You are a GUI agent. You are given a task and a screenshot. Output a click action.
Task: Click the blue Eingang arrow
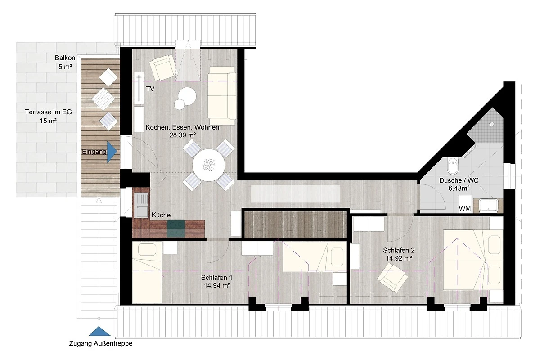pyautogui.click(x=111, y=152)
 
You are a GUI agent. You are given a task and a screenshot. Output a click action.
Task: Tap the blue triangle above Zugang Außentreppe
pyautogui.click(x=99, y=331)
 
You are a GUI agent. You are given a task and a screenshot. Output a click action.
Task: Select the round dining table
pyautogui.click(x=209, y=166)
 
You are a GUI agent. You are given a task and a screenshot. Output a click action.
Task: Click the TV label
pyautogui.click(x=150, y=89)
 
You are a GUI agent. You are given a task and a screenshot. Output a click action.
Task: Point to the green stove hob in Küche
pyautogui.click(x=176, y=229)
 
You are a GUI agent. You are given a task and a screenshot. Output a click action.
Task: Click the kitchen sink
pyautogui.click(x=141, y=206)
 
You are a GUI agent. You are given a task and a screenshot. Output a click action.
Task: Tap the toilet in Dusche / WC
pyautogui.click(x=453, y=166)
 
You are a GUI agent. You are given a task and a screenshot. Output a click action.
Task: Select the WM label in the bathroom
pyautogui.click(x=464, y=208)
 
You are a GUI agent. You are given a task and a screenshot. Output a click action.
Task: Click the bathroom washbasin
pyautogui.click(x=488, y=206)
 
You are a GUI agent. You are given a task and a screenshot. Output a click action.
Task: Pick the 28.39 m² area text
pyautogui.click(x=183, y=135)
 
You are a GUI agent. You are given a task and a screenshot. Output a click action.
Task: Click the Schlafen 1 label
pyautogui.click(x=217, y=278)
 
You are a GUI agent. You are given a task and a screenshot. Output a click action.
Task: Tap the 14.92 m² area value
pyautogui.click(x=399, y=258)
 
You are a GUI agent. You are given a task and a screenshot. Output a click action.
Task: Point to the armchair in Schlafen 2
pyautogui.click(x=392, y=277)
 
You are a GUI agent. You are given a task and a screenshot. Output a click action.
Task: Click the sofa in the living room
pyautogui.click(x=222, y=96)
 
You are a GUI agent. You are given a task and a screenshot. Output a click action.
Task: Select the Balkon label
pyautogui.click(x=65, y=58)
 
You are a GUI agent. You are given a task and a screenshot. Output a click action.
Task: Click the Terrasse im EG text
pyautogui.click(x=49, y=112)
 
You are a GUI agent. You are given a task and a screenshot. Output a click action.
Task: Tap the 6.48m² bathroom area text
pyautogui.click(x=459, y=188)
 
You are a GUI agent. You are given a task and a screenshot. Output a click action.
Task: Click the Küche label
pyautogui.click(x=161, y=215)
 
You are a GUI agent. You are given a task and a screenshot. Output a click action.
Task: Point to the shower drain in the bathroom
pyautogui.click(x=492, y=124)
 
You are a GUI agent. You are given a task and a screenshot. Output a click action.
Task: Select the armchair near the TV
pyautogui.click(x=163, y=67)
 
